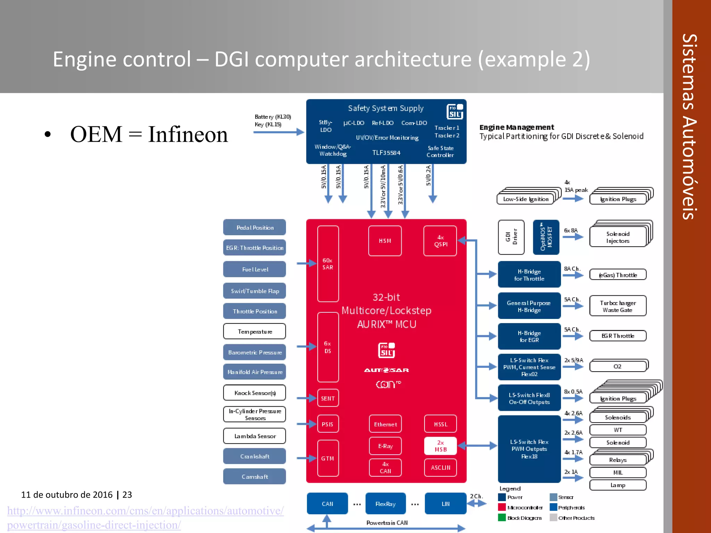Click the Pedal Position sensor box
coord(254,227)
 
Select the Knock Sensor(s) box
coord(254,393)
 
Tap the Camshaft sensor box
coord(254,476)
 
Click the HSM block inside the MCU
coord(385,241)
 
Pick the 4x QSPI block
coord(440,241)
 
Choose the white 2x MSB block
coord(440,446)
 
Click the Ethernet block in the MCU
coord(385,424)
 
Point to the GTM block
coord(328,458)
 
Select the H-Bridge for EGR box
coord(529,336)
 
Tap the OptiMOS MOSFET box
coord(546,237)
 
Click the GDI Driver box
coord(511,237)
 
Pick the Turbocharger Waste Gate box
coord(618,306)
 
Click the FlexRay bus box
coord(385,504)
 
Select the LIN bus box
coord(445,504)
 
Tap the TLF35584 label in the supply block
coord(386,153)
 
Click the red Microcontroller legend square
coord(502,507)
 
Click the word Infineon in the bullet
coord(188,134)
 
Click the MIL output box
coord(618,472)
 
